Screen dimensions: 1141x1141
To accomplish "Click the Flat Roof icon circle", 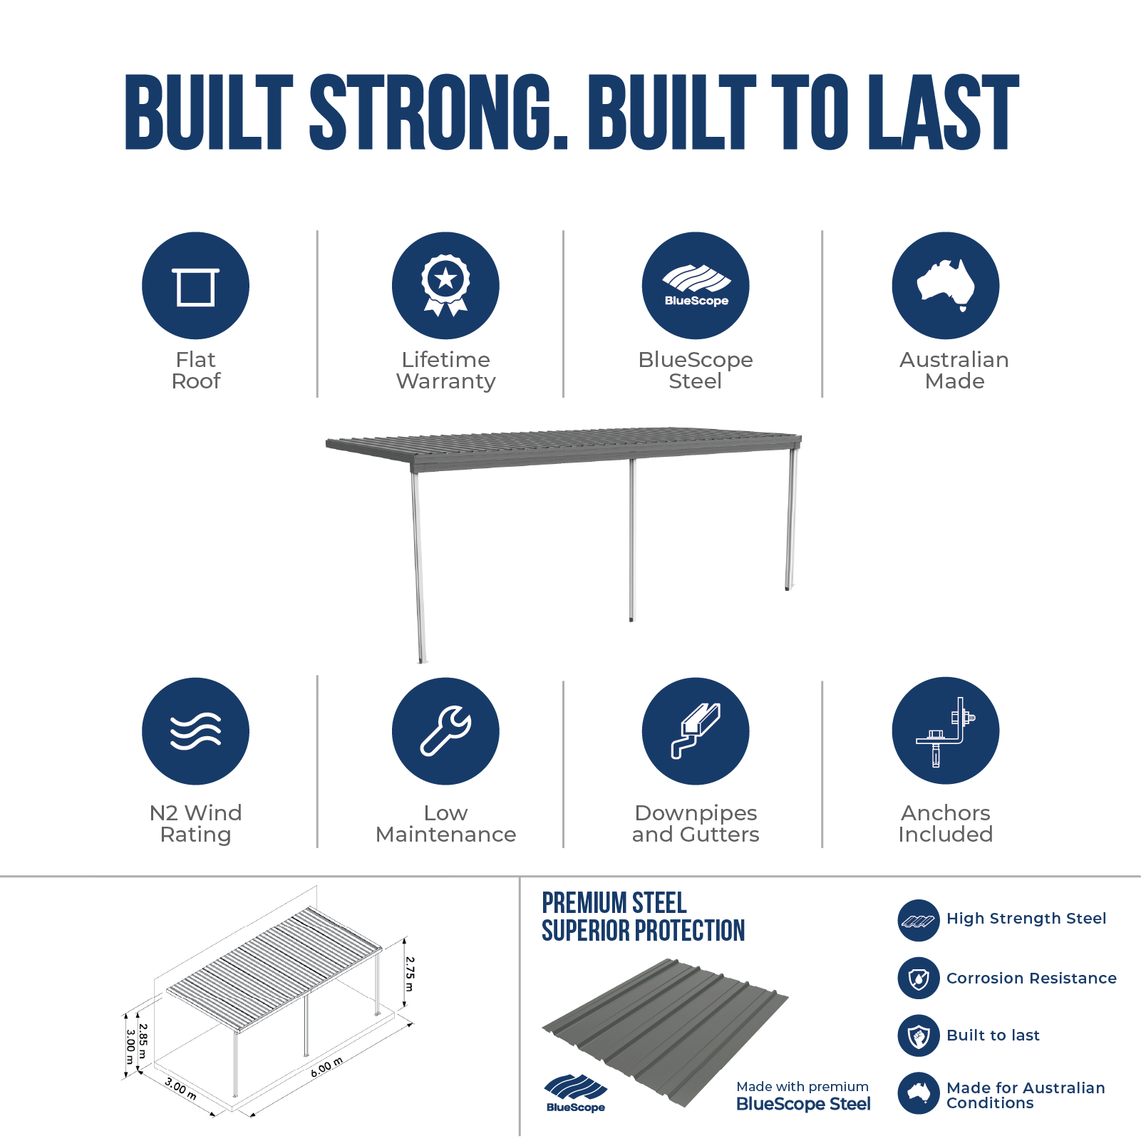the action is click(x=195, y=286).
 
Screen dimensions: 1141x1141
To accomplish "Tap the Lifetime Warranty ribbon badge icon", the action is click(x=445, y=286).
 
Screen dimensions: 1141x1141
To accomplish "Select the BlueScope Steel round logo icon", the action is click(x=696, y=286).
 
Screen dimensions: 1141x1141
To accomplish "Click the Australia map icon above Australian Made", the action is click(x=946, y=286).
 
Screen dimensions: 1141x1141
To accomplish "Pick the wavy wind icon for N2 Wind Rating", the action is click(x=195, y=731).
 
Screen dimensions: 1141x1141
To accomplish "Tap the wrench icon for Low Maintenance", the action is click(x=445, y=731).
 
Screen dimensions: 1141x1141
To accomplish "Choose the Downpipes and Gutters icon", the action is click(x=696, y=731).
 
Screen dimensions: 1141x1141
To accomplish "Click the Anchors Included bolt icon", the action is click(x=946, y=731).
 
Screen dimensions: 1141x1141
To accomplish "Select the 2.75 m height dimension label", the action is click(x=409, y=974).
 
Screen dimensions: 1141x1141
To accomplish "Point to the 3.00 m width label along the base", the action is click(x=181, y=1088).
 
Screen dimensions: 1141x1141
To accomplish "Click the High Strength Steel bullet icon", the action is click(x=919, y=920).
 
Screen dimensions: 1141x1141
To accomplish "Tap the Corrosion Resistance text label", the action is click(x=1031, y=978).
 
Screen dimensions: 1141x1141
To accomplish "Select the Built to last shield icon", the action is click(x=919, y=1036).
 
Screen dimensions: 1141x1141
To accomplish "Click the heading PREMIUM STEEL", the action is click(x=614, y=903).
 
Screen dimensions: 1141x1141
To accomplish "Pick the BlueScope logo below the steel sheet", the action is click(x=576, y=1093).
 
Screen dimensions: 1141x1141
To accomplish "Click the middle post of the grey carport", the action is click(x=631, y=539).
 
